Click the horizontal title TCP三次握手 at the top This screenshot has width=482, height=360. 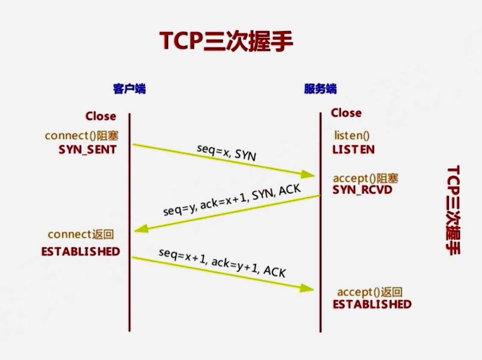pyautogui.click(x=227, y=41)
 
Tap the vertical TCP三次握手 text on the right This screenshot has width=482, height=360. pyautogui.click(x=453, y=210)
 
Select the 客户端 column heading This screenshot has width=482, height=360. pyautogui.click(x=129, y=89)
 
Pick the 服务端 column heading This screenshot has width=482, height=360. pyautogui.click(x=320, y=89)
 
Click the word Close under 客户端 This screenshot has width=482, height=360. pyautogui.click(x=101, y=116)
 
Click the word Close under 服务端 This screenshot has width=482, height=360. pyautogui.click(x=346, y=113)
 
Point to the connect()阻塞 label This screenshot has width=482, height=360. pyautogui.click(x=81, y=136)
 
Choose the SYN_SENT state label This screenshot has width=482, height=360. pyautogui.click(x=87, y=149)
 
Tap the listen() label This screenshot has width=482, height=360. pyautogui.click(x=351, y=136)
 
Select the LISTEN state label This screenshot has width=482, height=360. pyautogui.click(x=353, y=149)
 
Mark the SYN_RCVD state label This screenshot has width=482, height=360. pyautogui.click(x=362, y=190)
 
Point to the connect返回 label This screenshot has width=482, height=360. pyautogui.click(x=81, y=234)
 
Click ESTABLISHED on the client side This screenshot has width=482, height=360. pyautogui.click(x=81, y=252)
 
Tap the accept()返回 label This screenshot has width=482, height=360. pyautogui.click(x=370, y=292)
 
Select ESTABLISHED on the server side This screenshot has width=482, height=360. pyautogui.click(x=372, y=304)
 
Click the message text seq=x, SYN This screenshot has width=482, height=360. pyautogui.click(x=226, y=152)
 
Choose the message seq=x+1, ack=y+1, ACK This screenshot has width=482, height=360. pyautogui.click(x=222, y=262)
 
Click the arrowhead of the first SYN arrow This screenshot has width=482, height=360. pyautogui.click(x=308, y=174)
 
